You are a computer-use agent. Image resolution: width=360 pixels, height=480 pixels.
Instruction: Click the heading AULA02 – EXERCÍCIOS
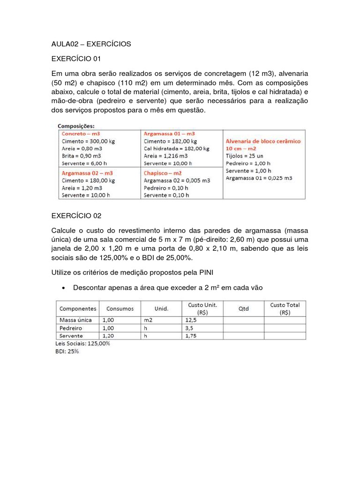point(91,44)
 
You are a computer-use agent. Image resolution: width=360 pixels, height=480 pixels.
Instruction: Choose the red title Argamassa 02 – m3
point(87,173)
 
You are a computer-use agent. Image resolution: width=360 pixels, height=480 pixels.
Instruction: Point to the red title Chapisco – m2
point(163,173)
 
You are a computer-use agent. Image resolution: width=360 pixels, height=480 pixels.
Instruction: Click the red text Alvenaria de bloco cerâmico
point(263,141)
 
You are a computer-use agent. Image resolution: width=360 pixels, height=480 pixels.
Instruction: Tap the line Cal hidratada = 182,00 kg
point(177,149)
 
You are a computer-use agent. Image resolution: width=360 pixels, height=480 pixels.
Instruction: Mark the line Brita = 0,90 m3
point(82,156)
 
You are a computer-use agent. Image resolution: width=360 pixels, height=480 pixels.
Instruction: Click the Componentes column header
point(77,308)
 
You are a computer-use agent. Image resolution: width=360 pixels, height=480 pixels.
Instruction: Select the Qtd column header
point(243,308)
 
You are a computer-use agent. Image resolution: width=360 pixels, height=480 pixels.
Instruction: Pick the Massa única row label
point(75,320)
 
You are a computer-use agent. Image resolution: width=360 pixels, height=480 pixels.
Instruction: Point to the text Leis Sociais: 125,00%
point(83,344)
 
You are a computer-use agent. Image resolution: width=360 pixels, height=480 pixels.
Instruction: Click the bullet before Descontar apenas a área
point(63,288)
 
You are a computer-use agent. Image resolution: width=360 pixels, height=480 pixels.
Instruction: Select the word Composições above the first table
point(76,126)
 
